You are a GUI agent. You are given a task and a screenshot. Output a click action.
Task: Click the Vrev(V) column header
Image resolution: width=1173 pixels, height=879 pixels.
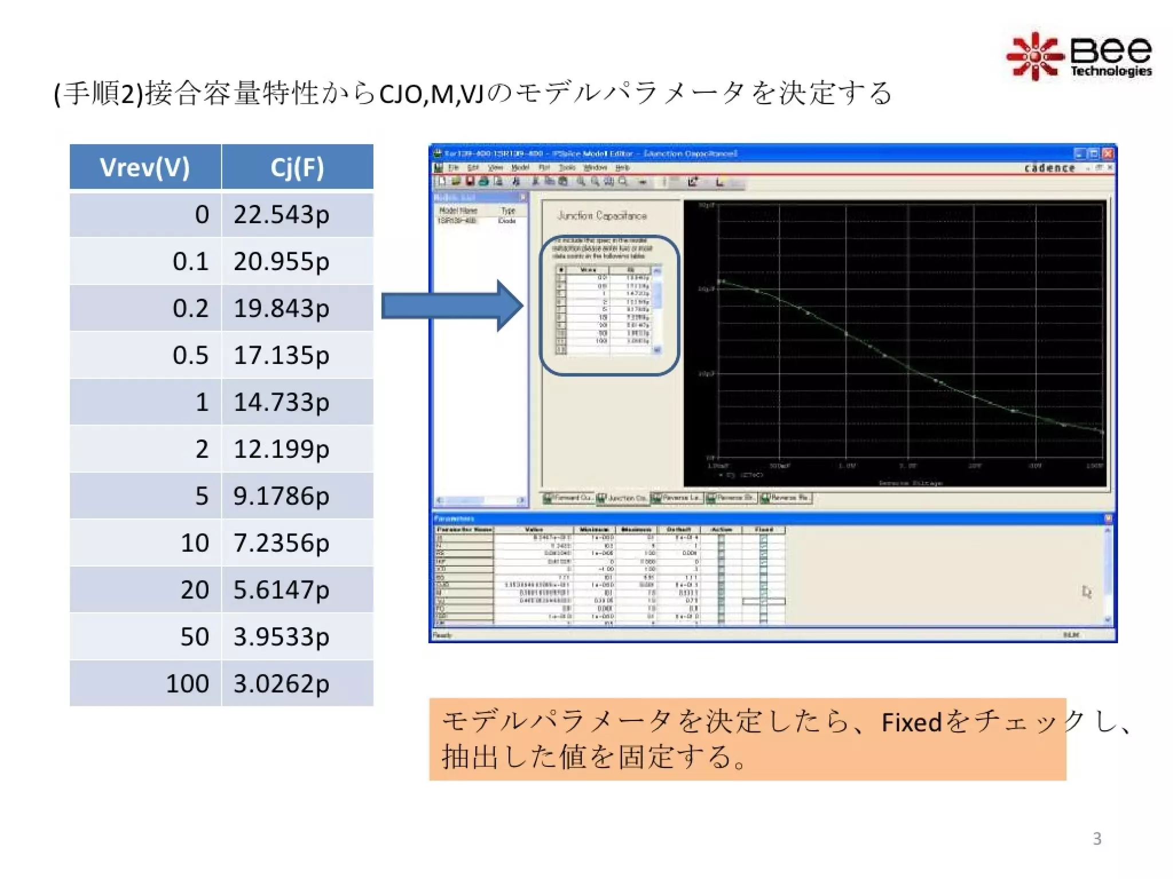pyautogui.click(x=145, y=167)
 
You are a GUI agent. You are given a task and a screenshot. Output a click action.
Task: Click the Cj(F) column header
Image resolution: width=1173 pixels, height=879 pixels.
pyautogui.click(x=297, y=167)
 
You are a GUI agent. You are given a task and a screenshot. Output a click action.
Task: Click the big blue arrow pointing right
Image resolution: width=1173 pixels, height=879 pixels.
pyautogui.click(x=452, y=306)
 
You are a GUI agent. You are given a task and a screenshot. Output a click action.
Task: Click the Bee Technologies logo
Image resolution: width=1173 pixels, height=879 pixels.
pyautogui.click(x=1079, y=57)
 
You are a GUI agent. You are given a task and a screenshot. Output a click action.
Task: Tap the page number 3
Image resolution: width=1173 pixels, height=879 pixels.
pyautogui.click(x=1097, y=838)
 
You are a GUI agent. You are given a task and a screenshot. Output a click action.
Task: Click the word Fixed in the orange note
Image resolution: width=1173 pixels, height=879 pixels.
pyautogui.click(x=911, y=722)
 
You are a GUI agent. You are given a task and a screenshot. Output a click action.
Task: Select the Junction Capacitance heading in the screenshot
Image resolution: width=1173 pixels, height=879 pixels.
pyautogui.click(x=602, y=216)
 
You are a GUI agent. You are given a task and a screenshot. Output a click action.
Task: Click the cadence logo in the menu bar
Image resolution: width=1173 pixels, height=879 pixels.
pyautogui.click(x=1049, y=168)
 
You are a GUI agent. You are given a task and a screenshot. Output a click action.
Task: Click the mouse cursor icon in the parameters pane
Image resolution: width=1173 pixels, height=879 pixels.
pyautogui.click(x=1087, y=592)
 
